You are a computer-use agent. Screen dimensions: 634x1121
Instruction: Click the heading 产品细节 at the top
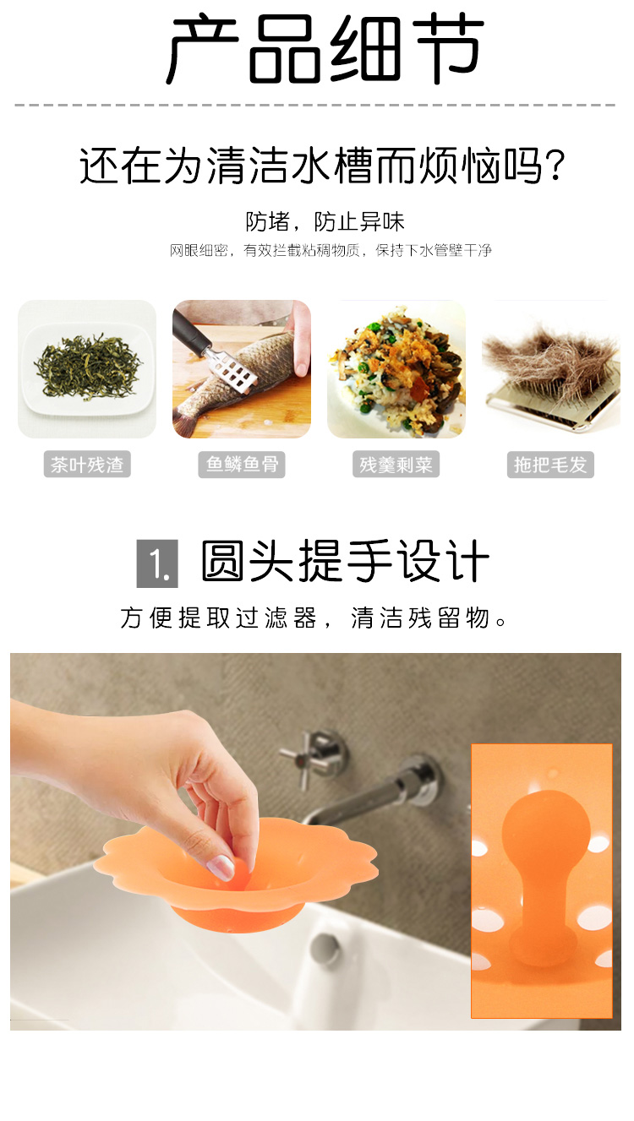pos(325,49)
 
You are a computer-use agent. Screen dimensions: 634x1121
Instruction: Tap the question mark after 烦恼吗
pos(555,165)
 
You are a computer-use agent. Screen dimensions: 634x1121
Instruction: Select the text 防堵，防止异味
pos(325,221)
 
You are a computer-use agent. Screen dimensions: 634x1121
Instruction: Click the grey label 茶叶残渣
pos(87,465)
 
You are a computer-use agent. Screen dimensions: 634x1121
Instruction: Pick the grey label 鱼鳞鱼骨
pos(242,465)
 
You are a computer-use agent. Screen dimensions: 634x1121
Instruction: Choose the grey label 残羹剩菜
pos(396,465)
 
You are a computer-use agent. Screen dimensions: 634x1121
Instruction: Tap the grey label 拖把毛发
pos(550,465)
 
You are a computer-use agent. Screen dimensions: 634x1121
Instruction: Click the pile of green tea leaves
pos(87,367)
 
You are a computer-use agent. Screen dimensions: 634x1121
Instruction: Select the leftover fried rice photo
pos(396,369)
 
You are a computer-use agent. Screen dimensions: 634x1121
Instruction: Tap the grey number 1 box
pos(157,563)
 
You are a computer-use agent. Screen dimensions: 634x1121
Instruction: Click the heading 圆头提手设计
pos(345,562)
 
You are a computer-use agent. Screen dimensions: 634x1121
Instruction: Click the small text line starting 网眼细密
pos(331,250)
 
